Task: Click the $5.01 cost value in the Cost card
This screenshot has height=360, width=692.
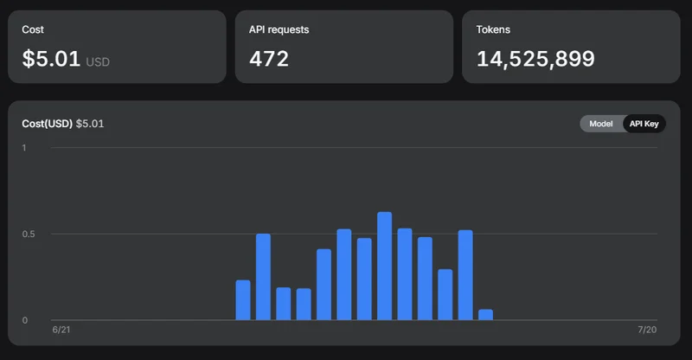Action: click(51, 59)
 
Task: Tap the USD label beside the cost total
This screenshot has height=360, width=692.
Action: click(98, 61)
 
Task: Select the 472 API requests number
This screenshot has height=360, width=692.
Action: click(269, 59)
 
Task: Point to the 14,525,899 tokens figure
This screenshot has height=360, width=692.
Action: click(535, 59)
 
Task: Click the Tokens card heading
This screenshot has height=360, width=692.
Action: click(493, 29)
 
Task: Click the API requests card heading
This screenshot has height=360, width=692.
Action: click(279, 29)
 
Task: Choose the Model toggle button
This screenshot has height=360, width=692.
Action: click(601, 124)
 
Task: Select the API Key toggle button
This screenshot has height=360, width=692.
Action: click(644, 124)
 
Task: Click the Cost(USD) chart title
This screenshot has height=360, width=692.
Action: click(48, 124)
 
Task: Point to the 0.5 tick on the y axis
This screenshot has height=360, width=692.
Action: click(29, 235)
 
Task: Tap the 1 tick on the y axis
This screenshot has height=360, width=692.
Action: click(24, 148)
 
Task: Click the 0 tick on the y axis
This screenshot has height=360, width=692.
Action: click(25, 320)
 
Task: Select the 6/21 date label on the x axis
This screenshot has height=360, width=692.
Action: click(61, 330)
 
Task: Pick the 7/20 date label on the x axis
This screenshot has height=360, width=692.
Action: click(647, 330)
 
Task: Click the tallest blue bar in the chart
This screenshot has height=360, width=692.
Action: click(384, 266)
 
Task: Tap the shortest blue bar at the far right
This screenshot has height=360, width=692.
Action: click(485, 314)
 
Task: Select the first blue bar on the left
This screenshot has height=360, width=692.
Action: click(243, 300)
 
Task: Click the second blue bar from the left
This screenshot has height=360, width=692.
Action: click(263, 277)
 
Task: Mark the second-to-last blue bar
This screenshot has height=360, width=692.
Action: click(465, 274)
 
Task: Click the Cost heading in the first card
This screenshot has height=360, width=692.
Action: click(33, 29)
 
